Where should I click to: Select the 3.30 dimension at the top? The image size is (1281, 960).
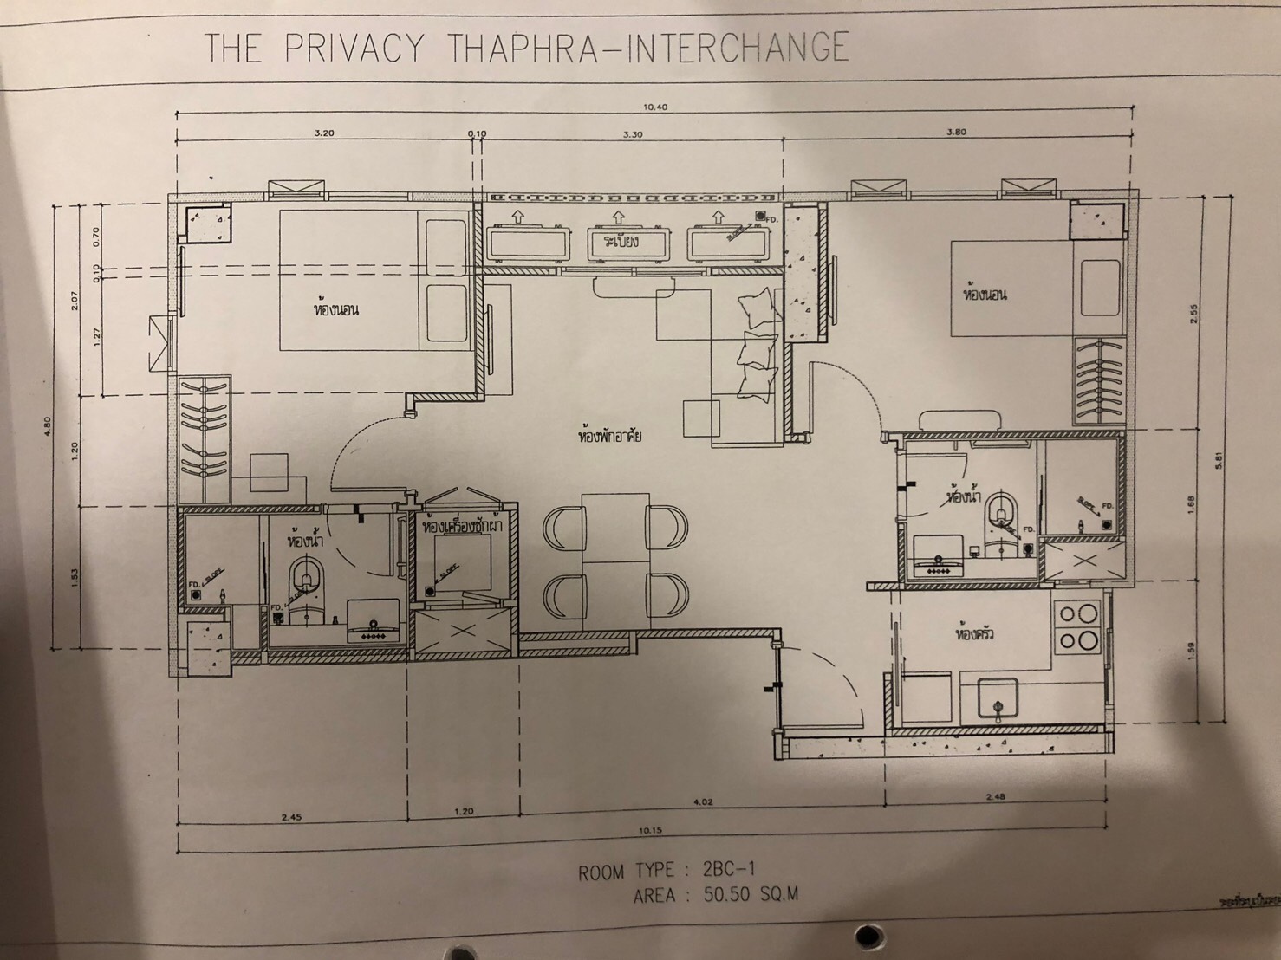point(632,134)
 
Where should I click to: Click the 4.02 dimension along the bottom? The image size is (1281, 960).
point(703,802)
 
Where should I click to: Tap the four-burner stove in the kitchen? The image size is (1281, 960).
point(1077,628)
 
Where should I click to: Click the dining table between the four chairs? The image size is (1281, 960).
point(614,555)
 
